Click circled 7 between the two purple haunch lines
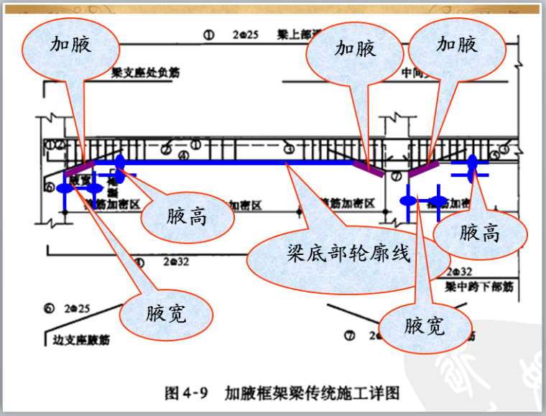(396, 175)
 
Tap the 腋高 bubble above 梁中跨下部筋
(480, 232)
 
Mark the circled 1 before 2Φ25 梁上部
(209, 34)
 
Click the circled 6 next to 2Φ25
(49, 308)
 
